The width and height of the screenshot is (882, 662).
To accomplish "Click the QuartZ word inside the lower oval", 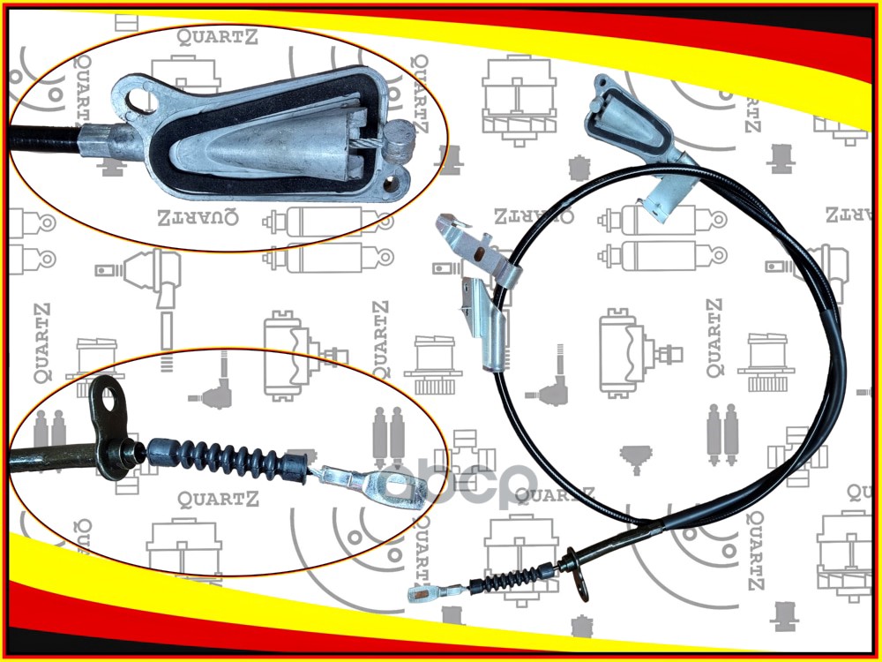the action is pyautogui.click(x=218, y=500).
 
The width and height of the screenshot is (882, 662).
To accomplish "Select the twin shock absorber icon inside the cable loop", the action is pyautogui.click(x=720, y=433).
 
